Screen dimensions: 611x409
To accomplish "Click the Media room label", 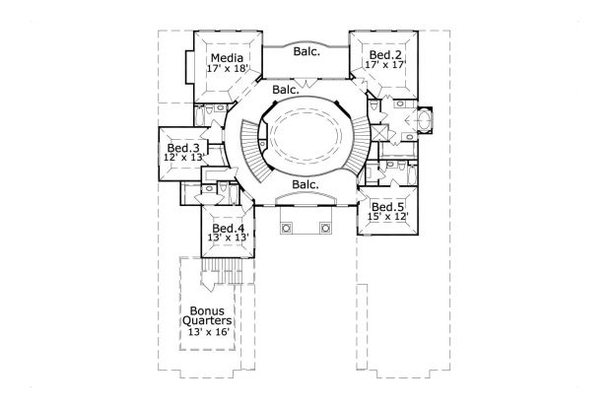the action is pyautogui.click(x=228, y=58).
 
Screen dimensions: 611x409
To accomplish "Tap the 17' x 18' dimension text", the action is pyautogui.click(x=228, y=69).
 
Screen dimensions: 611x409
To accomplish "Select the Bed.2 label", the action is pyautogui.click(x=385, y=54).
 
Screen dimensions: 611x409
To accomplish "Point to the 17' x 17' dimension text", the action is pyautogui.click(x=385, y=65).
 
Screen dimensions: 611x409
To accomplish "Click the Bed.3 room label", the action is pyautogui.click(x=183, y=148).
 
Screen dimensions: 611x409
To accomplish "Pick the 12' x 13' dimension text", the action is pyautogui.click(x=184, y=158).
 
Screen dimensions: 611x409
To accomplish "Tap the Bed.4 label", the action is pyautogui.click(x=229, y=228).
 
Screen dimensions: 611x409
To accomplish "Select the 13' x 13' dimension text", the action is pyautogui.click(x=229, y=238).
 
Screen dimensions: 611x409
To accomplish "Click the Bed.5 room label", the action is pyautogui.click(x=387, y=207).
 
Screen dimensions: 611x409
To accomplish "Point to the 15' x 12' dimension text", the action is pyautogui.click(x=387, y=217).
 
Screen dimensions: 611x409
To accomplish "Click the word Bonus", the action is pyautogui.click(x=207, y=310).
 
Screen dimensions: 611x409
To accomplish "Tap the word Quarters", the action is pyautogui.click(x=207, y=321).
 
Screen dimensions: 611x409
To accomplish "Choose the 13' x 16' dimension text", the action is pyautogui.click(x=208, y=332).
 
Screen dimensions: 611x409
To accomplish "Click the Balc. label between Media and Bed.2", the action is pyautogui.click(x=306, y=51).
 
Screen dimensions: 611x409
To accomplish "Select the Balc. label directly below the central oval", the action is pyautogui.click(x=305, y=184).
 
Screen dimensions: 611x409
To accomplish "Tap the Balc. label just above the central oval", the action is pyautogui.click(x=286, y=90).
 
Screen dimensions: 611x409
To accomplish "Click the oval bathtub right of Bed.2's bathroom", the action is pyautogui.click(x=424, y=119).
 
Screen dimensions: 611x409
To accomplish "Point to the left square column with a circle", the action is pyautogui.click(x=286, y=228).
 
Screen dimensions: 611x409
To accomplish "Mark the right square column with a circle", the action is pyautogui.click(x=325, y=228).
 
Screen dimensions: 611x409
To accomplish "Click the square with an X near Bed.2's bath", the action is pyautogui.click(x=380, y=132).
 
